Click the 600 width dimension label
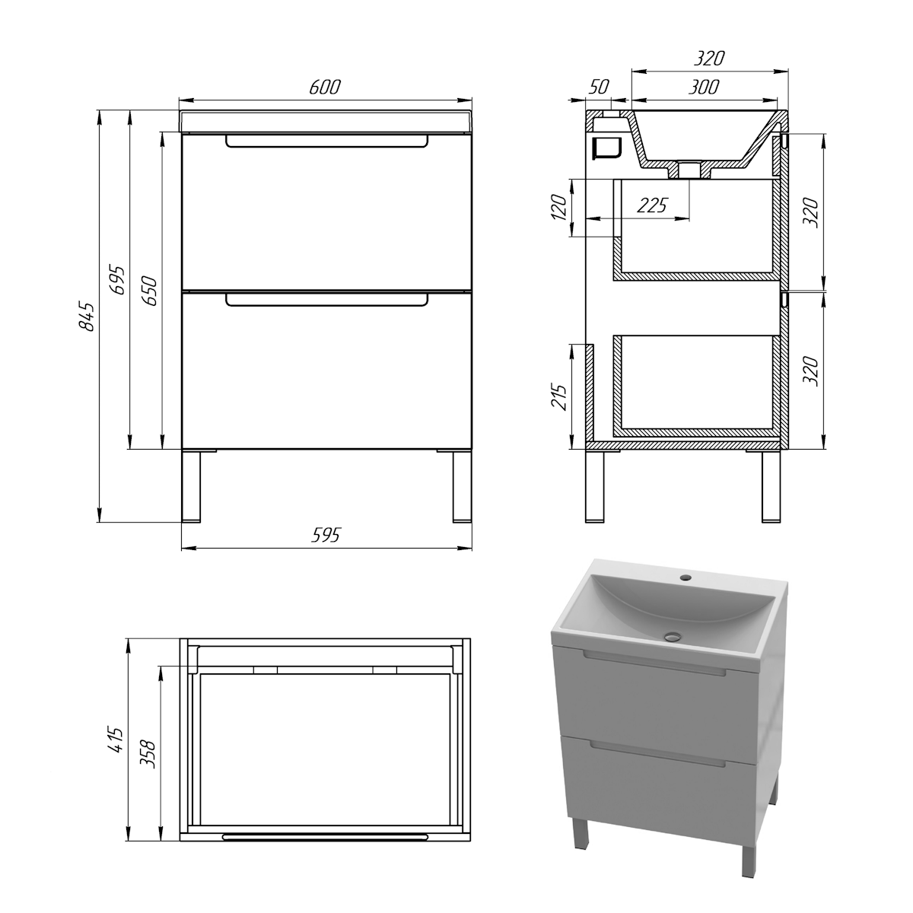pyautogui.click(x=325, y=87)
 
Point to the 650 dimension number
pyautogui.click(x=149, y=290)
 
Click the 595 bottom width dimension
pyautogui.click(x=326, y=535)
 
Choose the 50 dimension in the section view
pyautogui.click(x=599, y=87)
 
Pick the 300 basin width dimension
pyautogui.click(x=703, y=87)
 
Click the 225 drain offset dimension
pyautogui.click(x=652, y=205)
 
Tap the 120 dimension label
pyautogui.click(x=559, y=207)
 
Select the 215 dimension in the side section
pyautogui.click(x=559, y=396)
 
